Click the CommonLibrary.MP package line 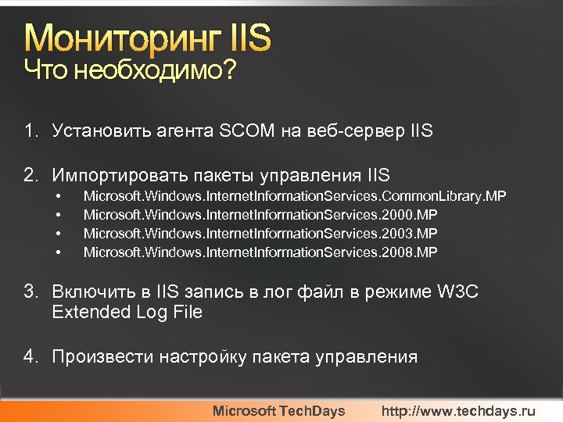tap(295, 195)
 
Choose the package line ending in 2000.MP tap(260, 214)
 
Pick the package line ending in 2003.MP tap(260, 233)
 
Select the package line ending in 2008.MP tap(260, 252)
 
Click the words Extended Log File tap(127, 312)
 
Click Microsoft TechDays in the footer tap(279, 410)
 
